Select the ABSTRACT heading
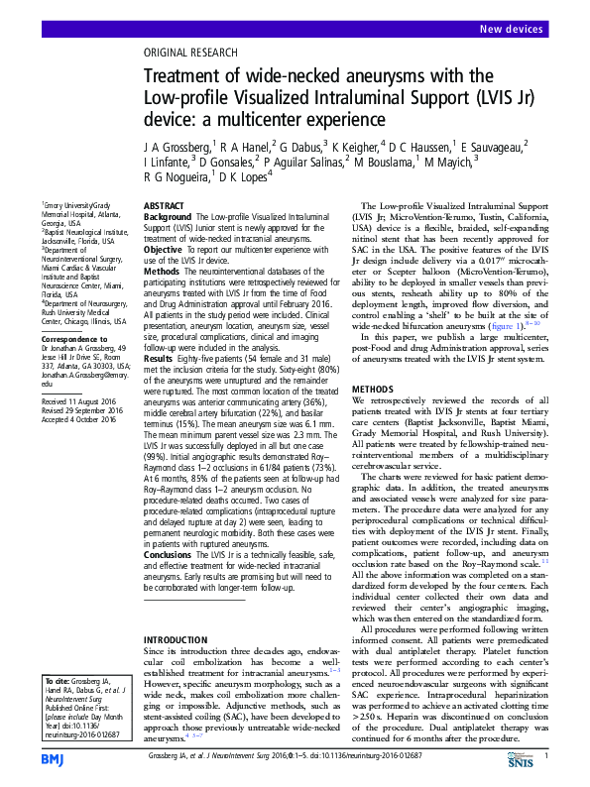coord(164,204)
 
